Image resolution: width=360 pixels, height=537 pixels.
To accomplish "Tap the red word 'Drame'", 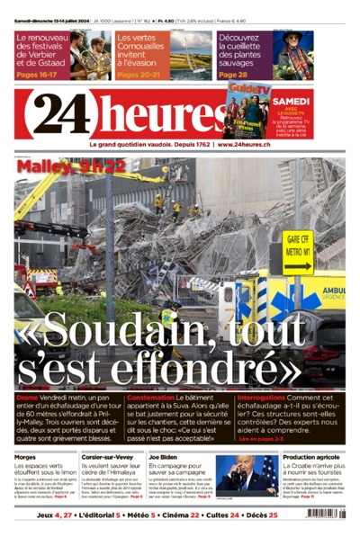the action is click(27, 397).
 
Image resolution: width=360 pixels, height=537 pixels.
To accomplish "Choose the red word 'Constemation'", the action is click(150, 397).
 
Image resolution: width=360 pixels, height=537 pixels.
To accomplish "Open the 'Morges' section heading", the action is click(25, 457).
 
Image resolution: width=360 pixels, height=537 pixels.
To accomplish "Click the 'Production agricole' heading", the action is click(311, 457).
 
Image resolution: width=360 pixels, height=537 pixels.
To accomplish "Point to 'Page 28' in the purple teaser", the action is click(232, 74).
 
